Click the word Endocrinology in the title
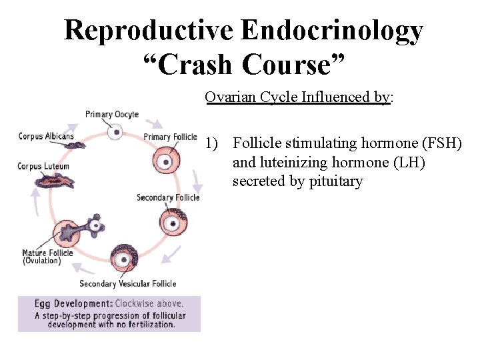tap(331, 31)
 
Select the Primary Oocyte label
tap(112, 114)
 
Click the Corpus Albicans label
tap(45, 136)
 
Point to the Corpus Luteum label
tap(43, 166)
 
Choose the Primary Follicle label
tap(171, 137)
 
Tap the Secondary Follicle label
tap(168, 197)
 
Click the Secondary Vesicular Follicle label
tap(128, 284)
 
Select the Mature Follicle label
tap(47, 253)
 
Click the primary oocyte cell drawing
tap(117, 132)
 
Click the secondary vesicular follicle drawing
tap(123, 258)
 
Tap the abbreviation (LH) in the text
tap(403, 163)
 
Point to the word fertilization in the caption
tap(147, 325)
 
